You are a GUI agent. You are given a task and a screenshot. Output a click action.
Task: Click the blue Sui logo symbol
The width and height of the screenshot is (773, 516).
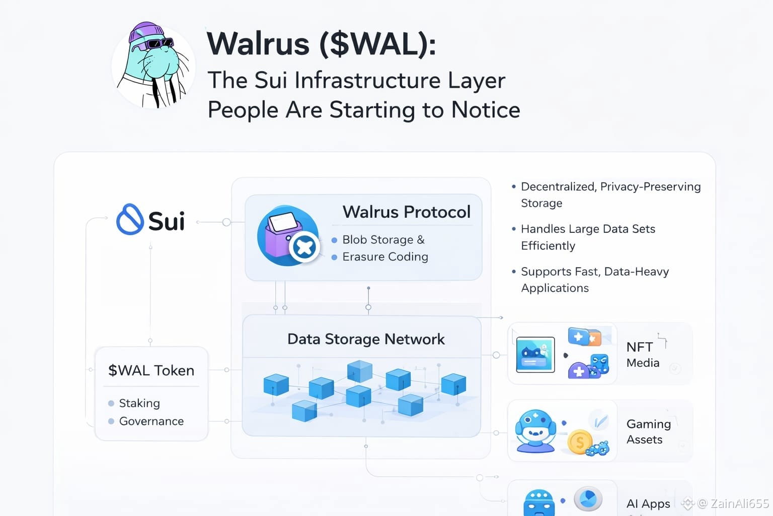[130, 220]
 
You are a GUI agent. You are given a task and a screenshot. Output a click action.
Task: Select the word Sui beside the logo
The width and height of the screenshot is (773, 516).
[167, 221]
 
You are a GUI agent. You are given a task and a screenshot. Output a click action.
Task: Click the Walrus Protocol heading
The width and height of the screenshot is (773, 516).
[406, 212]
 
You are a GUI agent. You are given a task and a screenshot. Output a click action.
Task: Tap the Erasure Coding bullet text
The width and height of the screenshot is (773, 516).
[385, 256]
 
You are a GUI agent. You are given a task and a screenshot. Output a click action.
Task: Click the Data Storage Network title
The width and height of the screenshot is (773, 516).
[366, 339]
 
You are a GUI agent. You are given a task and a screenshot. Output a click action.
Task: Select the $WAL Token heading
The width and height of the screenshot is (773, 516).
[151, 370]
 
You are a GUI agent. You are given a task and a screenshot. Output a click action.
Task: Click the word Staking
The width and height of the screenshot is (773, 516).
[139, 403]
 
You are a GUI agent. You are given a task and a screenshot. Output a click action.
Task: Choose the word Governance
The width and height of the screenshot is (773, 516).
[151, 421]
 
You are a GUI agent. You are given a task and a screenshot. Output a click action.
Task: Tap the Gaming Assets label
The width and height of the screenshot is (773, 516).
[648, 432]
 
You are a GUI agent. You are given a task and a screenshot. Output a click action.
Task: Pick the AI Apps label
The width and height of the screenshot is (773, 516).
[648, 503]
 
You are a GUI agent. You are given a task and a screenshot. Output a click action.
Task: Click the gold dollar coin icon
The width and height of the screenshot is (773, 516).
[580, 442]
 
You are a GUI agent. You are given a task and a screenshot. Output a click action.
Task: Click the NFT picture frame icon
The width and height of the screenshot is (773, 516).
[535, 355]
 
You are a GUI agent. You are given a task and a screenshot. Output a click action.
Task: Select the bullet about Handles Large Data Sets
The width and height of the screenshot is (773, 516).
[588, 237]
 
